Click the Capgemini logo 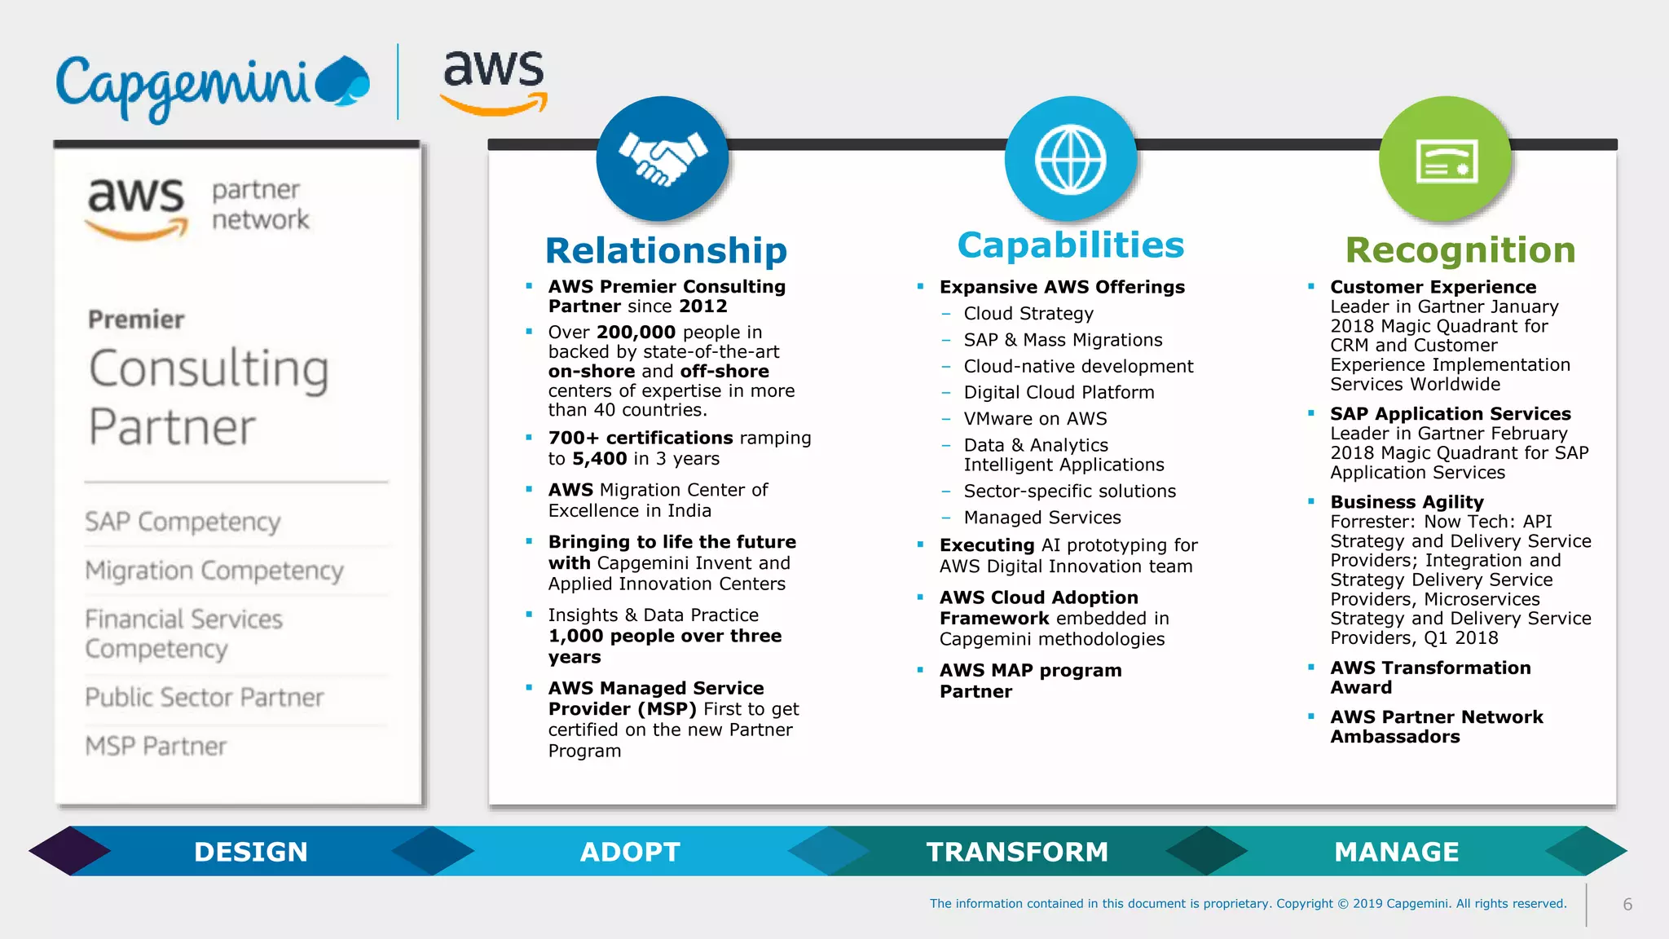click(x=212, y=86)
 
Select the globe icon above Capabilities click(x=1070, y=159)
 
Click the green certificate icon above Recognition click(x=1446, y=160)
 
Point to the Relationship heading click(x=666, y=250)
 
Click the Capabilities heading click(x=1070, y=245)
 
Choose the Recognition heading click(x=1460, y=250)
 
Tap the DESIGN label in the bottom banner click(x=251, y=852)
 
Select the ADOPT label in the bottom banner click(x=630, y=852)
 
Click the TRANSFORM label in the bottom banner click(x=1017, y=852)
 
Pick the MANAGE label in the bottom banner click(x=1396, y=852)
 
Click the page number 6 click(x=1627, y=904)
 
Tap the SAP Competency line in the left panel click(x=183, y=522)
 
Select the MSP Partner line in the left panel click(x=156, y=746)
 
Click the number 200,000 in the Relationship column click(x=636, y=333)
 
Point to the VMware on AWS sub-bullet click(x=1035, y=419)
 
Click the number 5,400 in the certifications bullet click(x=599, y=459)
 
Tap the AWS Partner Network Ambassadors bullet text click(x=1436, y=726)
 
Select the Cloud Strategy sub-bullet click(x=1028, y=314)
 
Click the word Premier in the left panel click(x=136, y=320)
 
